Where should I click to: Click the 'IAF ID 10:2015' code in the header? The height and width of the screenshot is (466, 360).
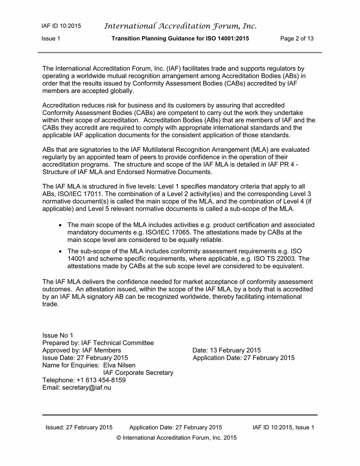(61, 26)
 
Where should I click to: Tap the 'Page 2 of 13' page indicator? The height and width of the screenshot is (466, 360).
(297, 39)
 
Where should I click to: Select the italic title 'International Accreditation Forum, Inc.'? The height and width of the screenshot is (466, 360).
(180, 26)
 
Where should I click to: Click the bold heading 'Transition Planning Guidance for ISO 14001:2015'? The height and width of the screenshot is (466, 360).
(180, 39)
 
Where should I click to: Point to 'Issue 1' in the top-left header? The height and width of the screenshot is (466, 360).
(51, 39)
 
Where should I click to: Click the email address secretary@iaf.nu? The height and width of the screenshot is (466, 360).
(87, 387)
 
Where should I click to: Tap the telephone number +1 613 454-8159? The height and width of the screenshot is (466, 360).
(101, 380)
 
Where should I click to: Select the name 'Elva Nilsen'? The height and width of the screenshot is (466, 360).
(119, 365)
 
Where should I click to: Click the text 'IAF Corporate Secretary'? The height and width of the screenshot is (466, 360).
(138, 373)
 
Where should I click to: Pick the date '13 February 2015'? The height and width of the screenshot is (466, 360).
(235, 350)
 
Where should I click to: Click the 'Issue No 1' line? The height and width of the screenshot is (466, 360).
(58, 336)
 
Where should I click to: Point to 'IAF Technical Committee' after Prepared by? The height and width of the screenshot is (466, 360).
(117, 343)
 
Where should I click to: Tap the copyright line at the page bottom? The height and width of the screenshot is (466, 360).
(177, 438)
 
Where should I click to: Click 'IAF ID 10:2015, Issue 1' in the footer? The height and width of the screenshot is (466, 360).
(283, 427)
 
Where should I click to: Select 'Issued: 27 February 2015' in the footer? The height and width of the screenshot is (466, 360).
(79, 427)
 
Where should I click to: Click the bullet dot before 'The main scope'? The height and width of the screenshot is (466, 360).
(60, 225)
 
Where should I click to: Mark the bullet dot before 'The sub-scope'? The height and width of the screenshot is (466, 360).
(60, 251)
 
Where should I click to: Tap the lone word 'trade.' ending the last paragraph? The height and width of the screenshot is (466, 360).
(51, 304)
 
